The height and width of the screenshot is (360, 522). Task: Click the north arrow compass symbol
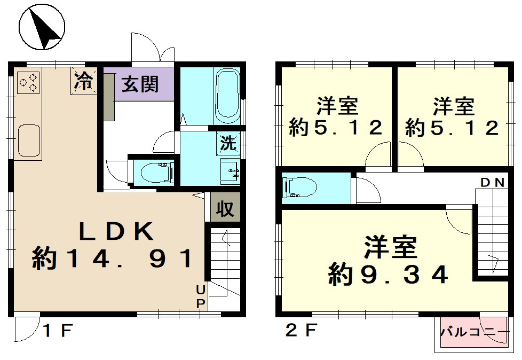click(42, 27)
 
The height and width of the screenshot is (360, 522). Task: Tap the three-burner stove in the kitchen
click(28, 82)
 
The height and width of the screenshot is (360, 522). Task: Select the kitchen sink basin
click(29, 140)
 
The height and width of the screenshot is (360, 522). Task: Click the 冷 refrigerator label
click(83, 81)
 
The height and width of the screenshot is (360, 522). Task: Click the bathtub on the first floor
click(228, 96)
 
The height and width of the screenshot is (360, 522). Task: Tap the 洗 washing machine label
click(228, 143)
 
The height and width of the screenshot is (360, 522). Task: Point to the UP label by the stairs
click(200, 297)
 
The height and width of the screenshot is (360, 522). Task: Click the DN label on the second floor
click(493, 183)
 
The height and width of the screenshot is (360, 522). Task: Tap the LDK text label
click(116, 231)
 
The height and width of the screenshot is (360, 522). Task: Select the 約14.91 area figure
click(113, 258)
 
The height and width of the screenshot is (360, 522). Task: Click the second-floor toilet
click(299, 187)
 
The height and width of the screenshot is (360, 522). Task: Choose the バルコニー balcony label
click(475, 332)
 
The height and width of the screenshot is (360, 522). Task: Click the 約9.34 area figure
click(388, 275)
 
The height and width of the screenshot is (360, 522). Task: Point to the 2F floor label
click(300, 331)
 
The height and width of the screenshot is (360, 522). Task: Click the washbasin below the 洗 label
click(230, 171)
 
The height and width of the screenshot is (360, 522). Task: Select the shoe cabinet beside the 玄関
click(108, 97)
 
